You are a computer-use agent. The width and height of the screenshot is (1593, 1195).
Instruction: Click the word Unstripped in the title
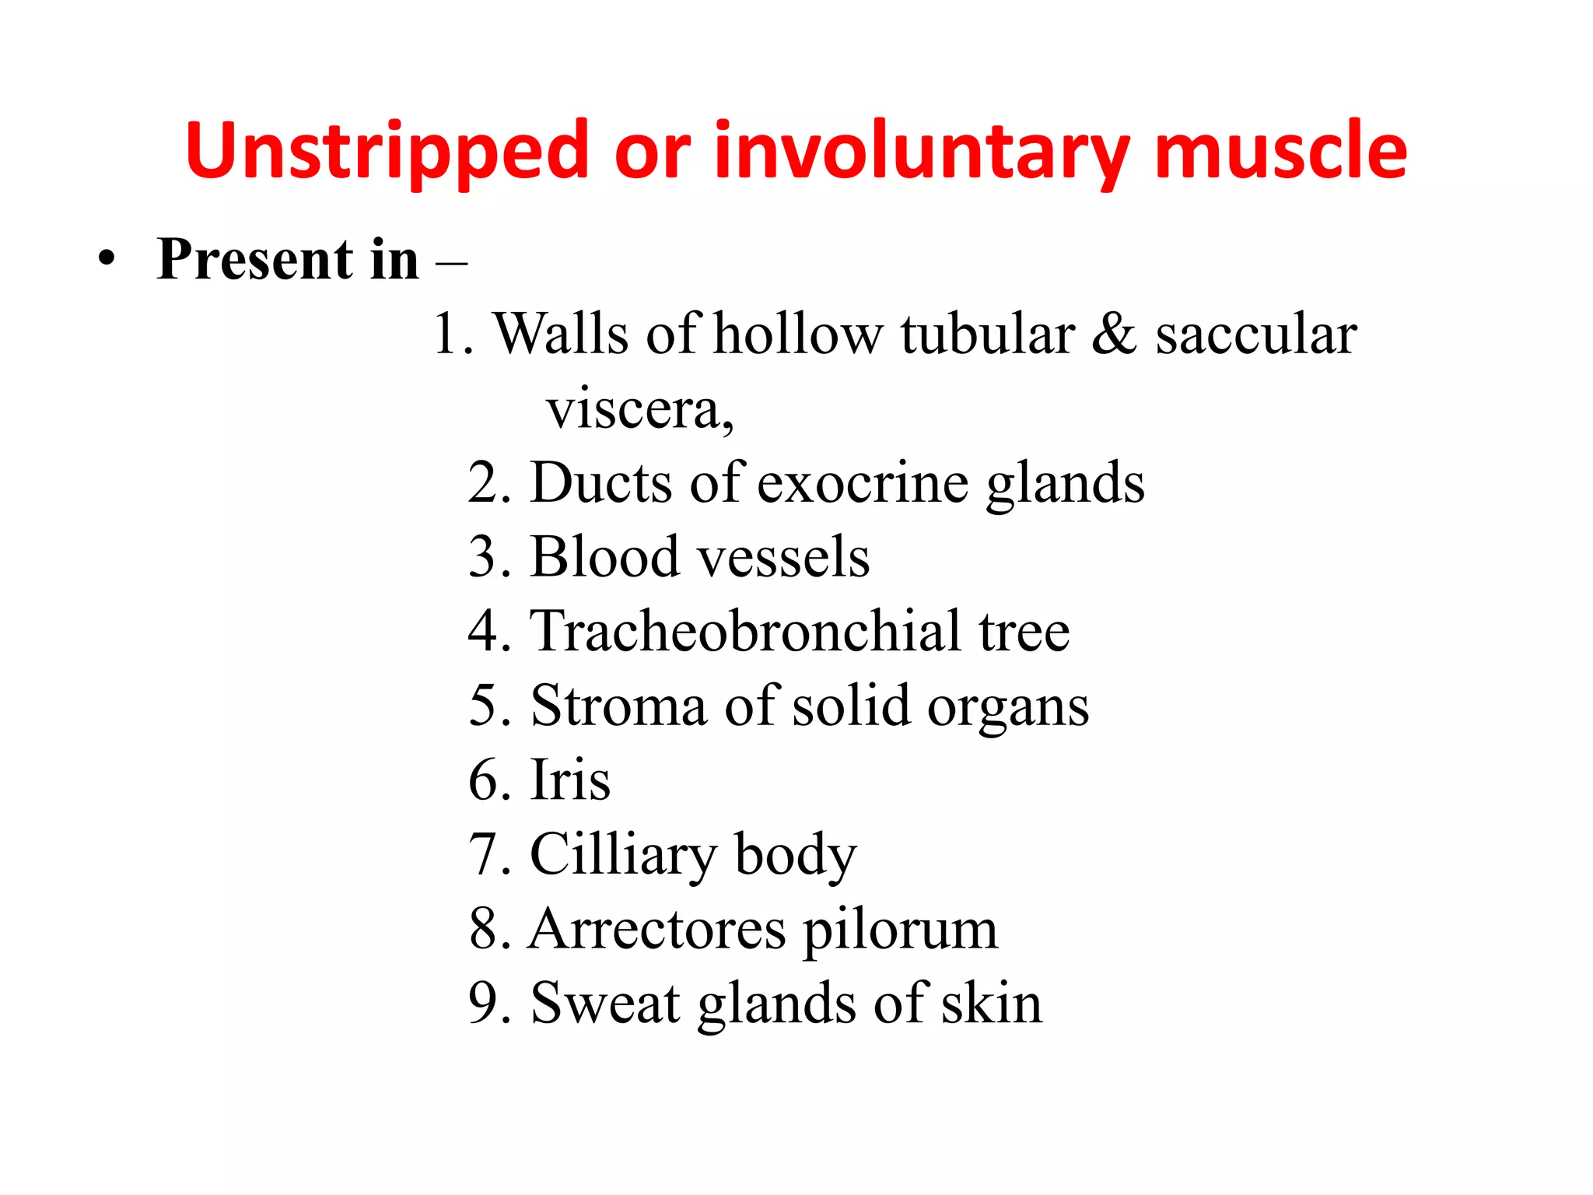pyautogui.click(x=386, y=151)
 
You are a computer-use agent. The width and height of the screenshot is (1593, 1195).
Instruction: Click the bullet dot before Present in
pyautogui.click(x=107, y=258)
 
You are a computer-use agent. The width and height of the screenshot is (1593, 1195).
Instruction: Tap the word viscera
pyautogui.click(x=638, y=409)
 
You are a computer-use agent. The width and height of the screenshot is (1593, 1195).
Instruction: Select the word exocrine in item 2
pyautogui.click(x=863, y=483)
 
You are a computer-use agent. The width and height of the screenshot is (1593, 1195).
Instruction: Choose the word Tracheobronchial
pyautogui.click(x=744, y=631)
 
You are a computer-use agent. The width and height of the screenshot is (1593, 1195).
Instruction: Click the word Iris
pyautogui.click(x=570, y=780)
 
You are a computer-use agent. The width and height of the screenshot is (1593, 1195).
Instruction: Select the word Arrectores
pyautogui.click(x=656, y=929)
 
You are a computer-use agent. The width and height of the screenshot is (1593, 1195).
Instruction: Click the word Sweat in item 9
pyautogui.click(x=605, y=1003)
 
